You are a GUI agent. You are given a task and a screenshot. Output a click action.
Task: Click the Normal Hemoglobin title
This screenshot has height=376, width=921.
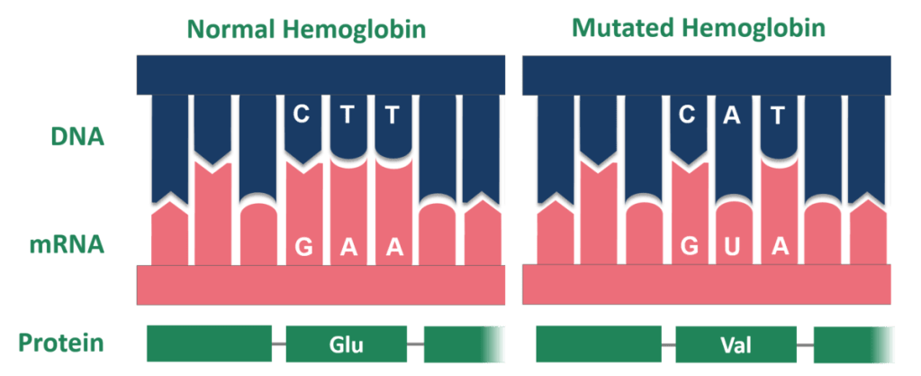[306, 29]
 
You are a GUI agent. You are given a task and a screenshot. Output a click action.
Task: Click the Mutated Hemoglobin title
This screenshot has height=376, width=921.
[699, 27]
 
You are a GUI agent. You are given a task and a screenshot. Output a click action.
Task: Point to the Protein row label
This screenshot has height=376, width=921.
[61, 344]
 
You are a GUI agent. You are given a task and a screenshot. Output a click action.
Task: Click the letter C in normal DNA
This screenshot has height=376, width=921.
[302, 115]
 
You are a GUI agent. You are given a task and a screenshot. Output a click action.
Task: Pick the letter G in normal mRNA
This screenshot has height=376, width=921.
[304, 247]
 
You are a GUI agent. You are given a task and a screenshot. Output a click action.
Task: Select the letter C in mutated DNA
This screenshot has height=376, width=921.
[689, 115]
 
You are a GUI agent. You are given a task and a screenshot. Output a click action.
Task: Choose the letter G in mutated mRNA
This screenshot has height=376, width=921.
[691, 247]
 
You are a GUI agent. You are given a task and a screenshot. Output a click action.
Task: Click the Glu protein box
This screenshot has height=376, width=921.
[347, 344]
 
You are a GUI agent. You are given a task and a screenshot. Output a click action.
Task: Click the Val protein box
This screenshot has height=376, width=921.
[736, 344]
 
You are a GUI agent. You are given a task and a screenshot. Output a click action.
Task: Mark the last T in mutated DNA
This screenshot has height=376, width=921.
[780, 115]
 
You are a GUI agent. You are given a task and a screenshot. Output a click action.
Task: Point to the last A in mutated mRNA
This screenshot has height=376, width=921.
[780, 247]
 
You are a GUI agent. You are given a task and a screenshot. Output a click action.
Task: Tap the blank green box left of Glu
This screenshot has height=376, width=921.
[209, 344]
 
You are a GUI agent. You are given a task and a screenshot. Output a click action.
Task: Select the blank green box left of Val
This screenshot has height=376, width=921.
[598, 344]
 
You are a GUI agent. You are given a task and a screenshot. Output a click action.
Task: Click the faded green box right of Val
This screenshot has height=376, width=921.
[851, 344]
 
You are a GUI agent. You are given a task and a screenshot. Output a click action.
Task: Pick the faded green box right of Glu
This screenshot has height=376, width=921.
[462, 344]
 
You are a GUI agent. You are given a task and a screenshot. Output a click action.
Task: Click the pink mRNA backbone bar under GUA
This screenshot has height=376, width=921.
[708, 284]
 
